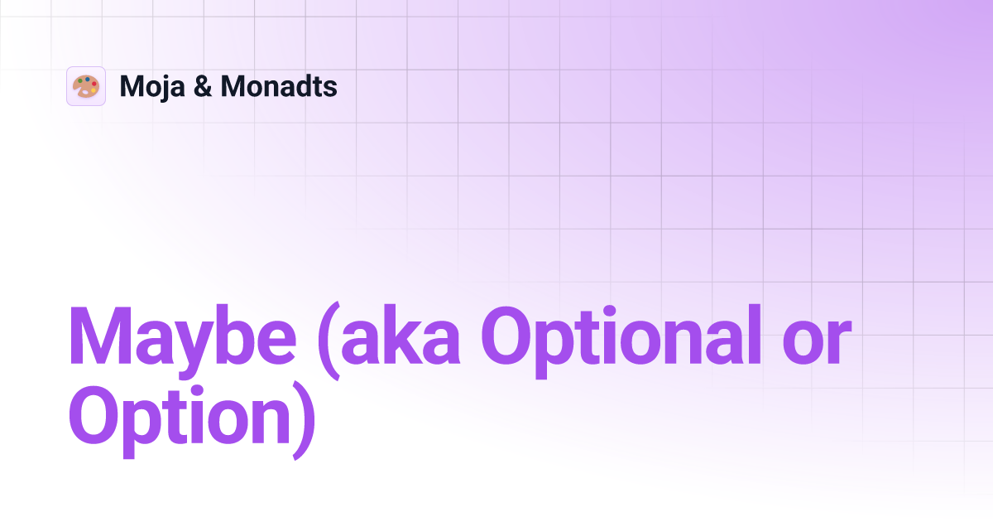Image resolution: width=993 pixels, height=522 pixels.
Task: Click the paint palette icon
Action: coord(86,86)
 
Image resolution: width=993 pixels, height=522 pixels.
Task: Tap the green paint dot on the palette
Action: coord(80,81)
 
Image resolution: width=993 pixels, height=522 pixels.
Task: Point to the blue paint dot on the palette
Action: coord(87,79)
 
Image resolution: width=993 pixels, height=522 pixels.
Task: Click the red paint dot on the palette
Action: coord(94,83)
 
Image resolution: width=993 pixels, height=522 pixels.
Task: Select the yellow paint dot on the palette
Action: coord(94,91)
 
